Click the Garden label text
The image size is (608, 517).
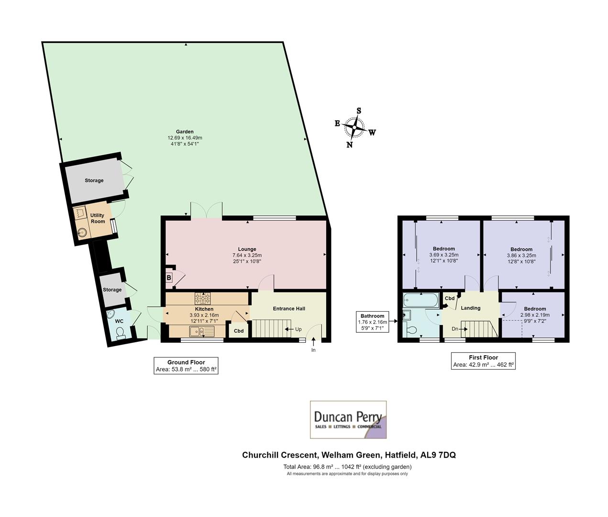coord(185,132)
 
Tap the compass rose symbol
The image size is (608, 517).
coord(354,128)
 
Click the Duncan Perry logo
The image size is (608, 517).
coord(348,420)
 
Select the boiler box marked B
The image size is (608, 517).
coord(169,278)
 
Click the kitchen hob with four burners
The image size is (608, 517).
coord(202,299)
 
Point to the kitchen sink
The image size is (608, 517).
coord(202,331)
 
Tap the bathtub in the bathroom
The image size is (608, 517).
coord(420,301)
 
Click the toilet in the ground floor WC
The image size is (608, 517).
coord(120,333)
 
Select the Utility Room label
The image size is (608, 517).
coord(98,218)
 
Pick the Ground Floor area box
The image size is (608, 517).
coord(186,366)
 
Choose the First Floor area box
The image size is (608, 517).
coord(483,361)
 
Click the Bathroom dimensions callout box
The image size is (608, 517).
coord(372,322)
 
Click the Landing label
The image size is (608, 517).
coord(470,308)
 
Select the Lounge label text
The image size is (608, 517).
coord(247,249)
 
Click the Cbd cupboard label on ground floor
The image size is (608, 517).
coord(238,331)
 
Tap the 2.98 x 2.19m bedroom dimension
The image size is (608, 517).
coord(534,315)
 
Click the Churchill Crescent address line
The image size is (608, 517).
coord(349,455)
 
